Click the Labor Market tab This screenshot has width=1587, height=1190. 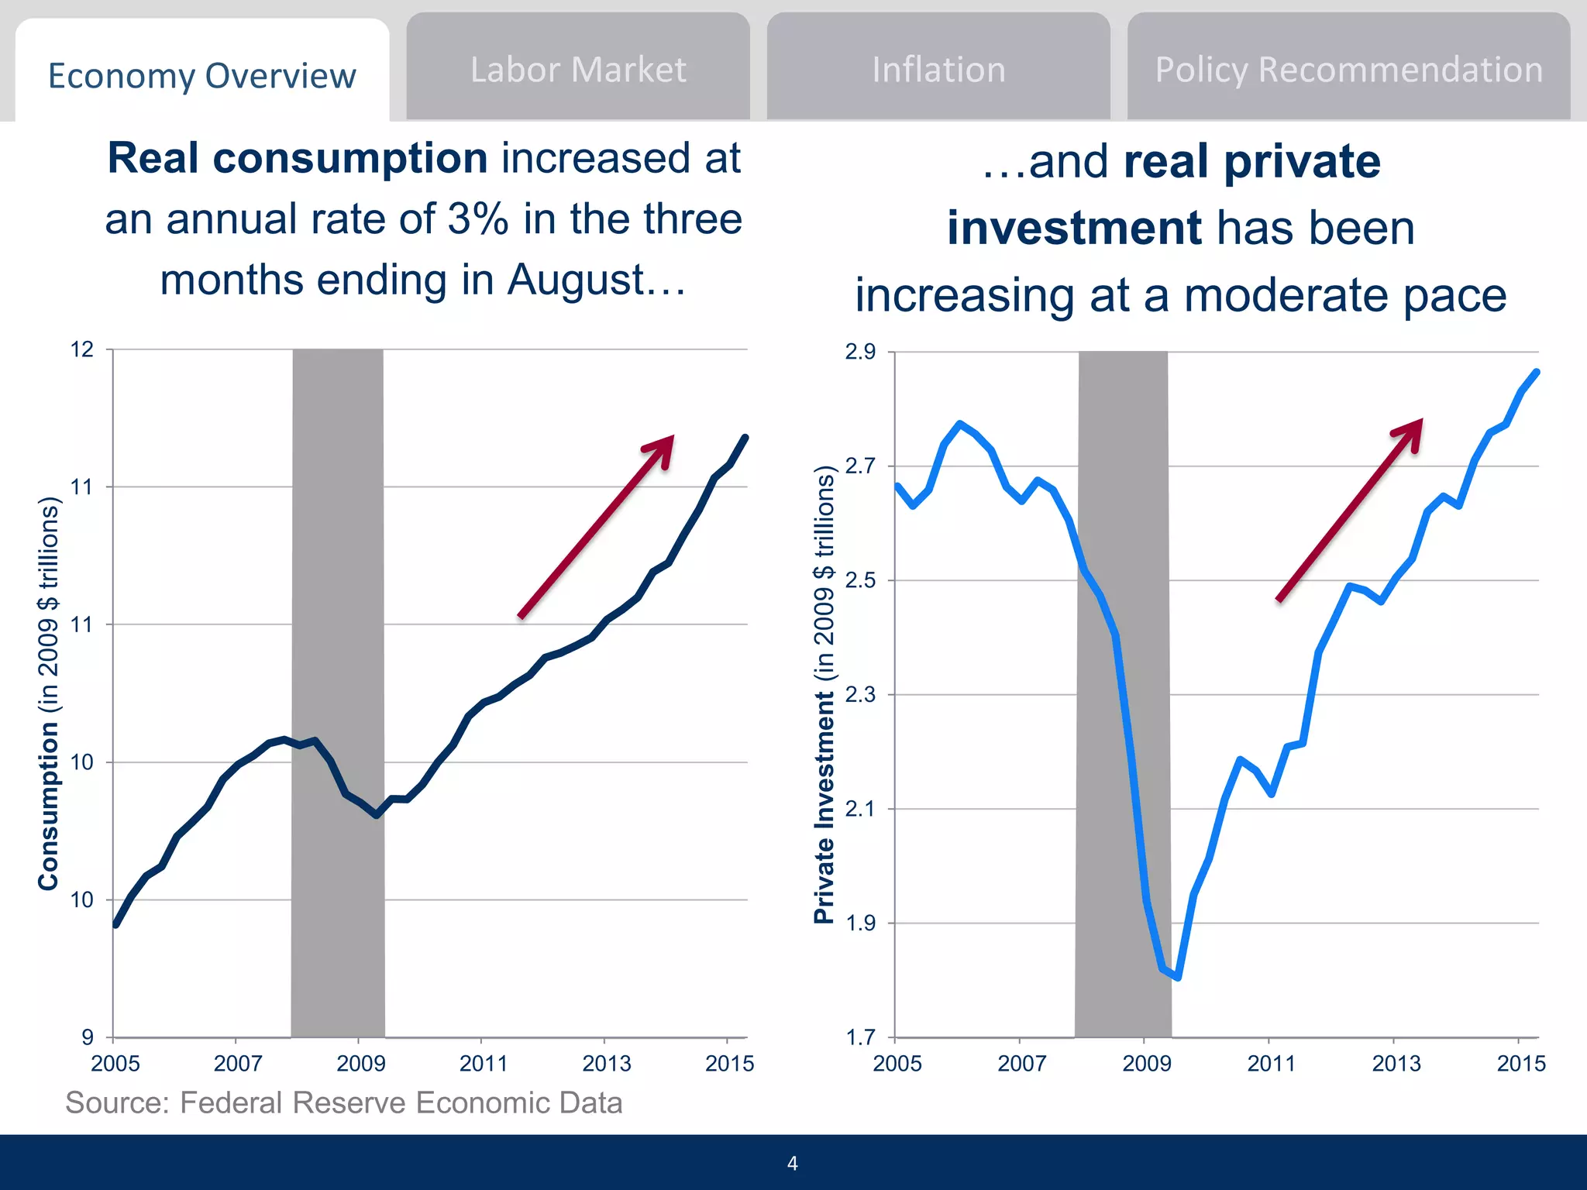[x=578, y=70]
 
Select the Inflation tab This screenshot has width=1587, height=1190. [x=938, y=70]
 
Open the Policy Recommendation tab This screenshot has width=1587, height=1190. [x=1348, y=70]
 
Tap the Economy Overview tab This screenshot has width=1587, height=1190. [x=202, y=76]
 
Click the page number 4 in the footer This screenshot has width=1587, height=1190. [x=792, y=1163]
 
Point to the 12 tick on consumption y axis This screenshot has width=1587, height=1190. [x=82, y=349]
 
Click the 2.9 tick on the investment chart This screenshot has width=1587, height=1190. [x=860, y=352]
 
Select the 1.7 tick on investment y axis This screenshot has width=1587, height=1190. [x=860, y=1037]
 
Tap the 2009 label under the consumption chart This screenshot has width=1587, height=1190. [x=360, y=1064]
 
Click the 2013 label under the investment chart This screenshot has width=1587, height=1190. [x=1396, y=1064]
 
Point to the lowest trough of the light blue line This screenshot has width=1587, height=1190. [x=1178, y=978]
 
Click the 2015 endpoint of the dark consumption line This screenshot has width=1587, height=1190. [x=745, y=438]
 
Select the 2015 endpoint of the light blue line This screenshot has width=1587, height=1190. [x=1537, y=373]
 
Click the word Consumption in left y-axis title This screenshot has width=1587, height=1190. [x=48, y=806]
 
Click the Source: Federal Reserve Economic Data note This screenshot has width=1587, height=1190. [x=344, y=1102]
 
